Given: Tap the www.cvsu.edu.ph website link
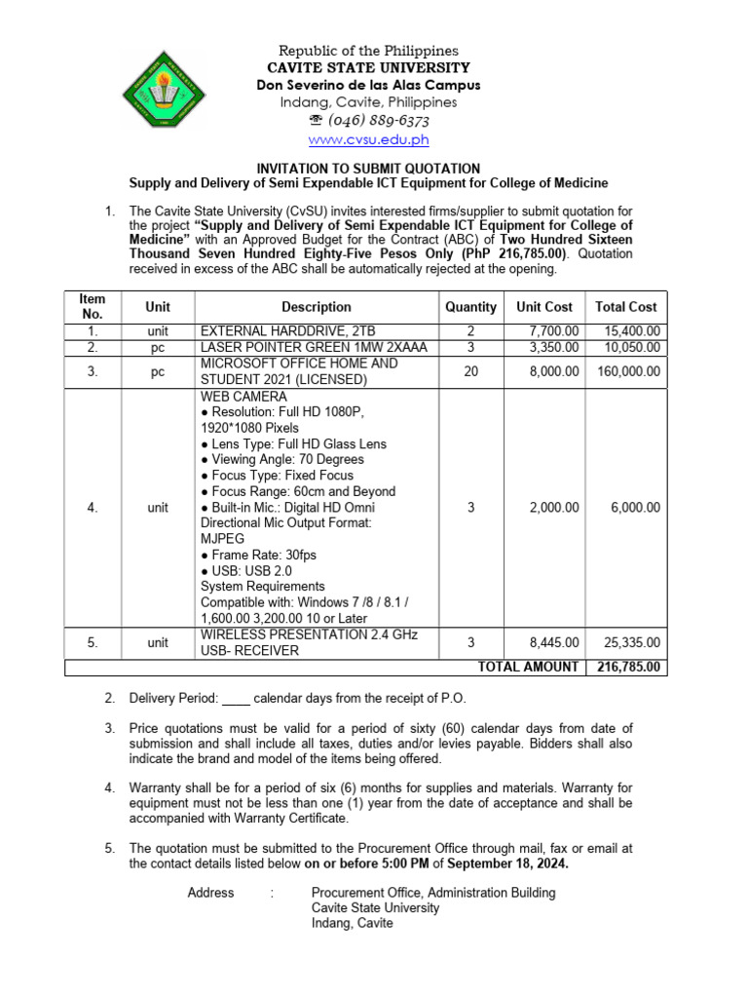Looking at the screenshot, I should coord(367,140).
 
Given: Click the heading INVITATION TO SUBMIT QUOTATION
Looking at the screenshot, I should coord(368,169).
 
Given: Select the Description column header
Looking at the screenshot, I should coord(317,307).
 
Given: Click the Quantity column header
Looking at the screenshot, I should coord(470,307).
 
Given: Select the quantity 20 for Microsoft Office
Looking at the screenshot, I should coord(470,371).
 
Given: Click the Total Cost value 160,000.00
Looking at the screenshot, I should coord(626,371).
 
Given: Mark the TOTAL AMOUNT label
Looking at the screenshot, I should coord(527,667).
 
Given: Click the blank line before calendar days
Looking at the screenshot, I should coord(237,699).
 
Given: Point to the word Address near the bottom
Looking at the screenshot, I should coord(210,892).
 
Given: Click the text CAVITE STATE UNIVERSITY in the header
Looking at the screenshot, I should coord(368,68).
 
